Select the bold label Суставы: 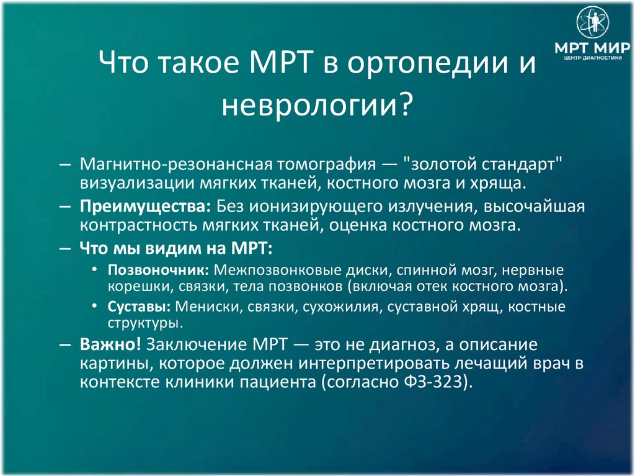tap(140, 307)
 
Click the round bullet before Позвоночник tap(94, 272)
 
